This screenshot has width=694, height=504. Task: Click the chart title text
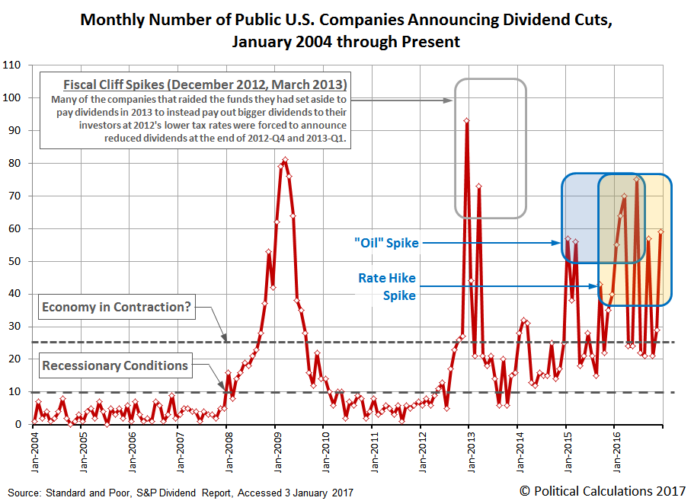click(347, 30)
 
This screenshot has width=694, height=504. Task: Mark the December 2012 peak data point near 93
click(466, 120)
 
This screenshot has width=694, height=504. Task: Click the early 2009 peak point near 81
click(285, 160)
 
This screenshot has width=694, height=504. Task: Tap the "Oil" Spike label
click(385, 243)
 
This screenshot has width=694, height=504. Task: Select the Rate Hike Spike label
click(387, 286)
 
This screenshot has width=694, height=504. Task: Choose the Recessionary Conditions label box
click(114, 365)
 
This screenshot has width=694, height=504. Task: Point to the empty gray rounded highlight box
click(490, 148)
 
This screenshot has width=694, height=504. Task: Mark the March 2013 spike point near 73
click(478, 186)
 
